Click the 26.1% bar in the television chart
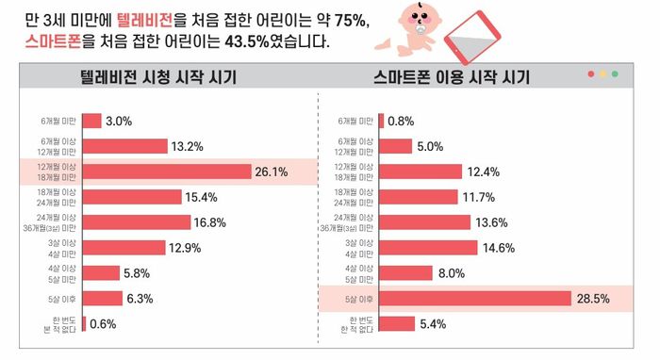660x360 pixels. click(x=166, y=171)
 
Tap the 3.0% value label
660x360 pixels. click(x=119, y=121)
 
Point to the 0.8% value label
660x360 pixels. click(x=402, y=121)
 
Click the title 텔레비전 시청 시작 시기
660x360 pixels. click(x=158, y=77)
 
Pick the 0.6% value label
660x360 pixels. click(x=105, y=324)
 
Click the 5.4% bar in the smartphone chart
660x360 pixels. click(x=397, y=324)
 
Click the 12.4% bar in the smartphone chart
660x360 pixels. click(x=421, y=172)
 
